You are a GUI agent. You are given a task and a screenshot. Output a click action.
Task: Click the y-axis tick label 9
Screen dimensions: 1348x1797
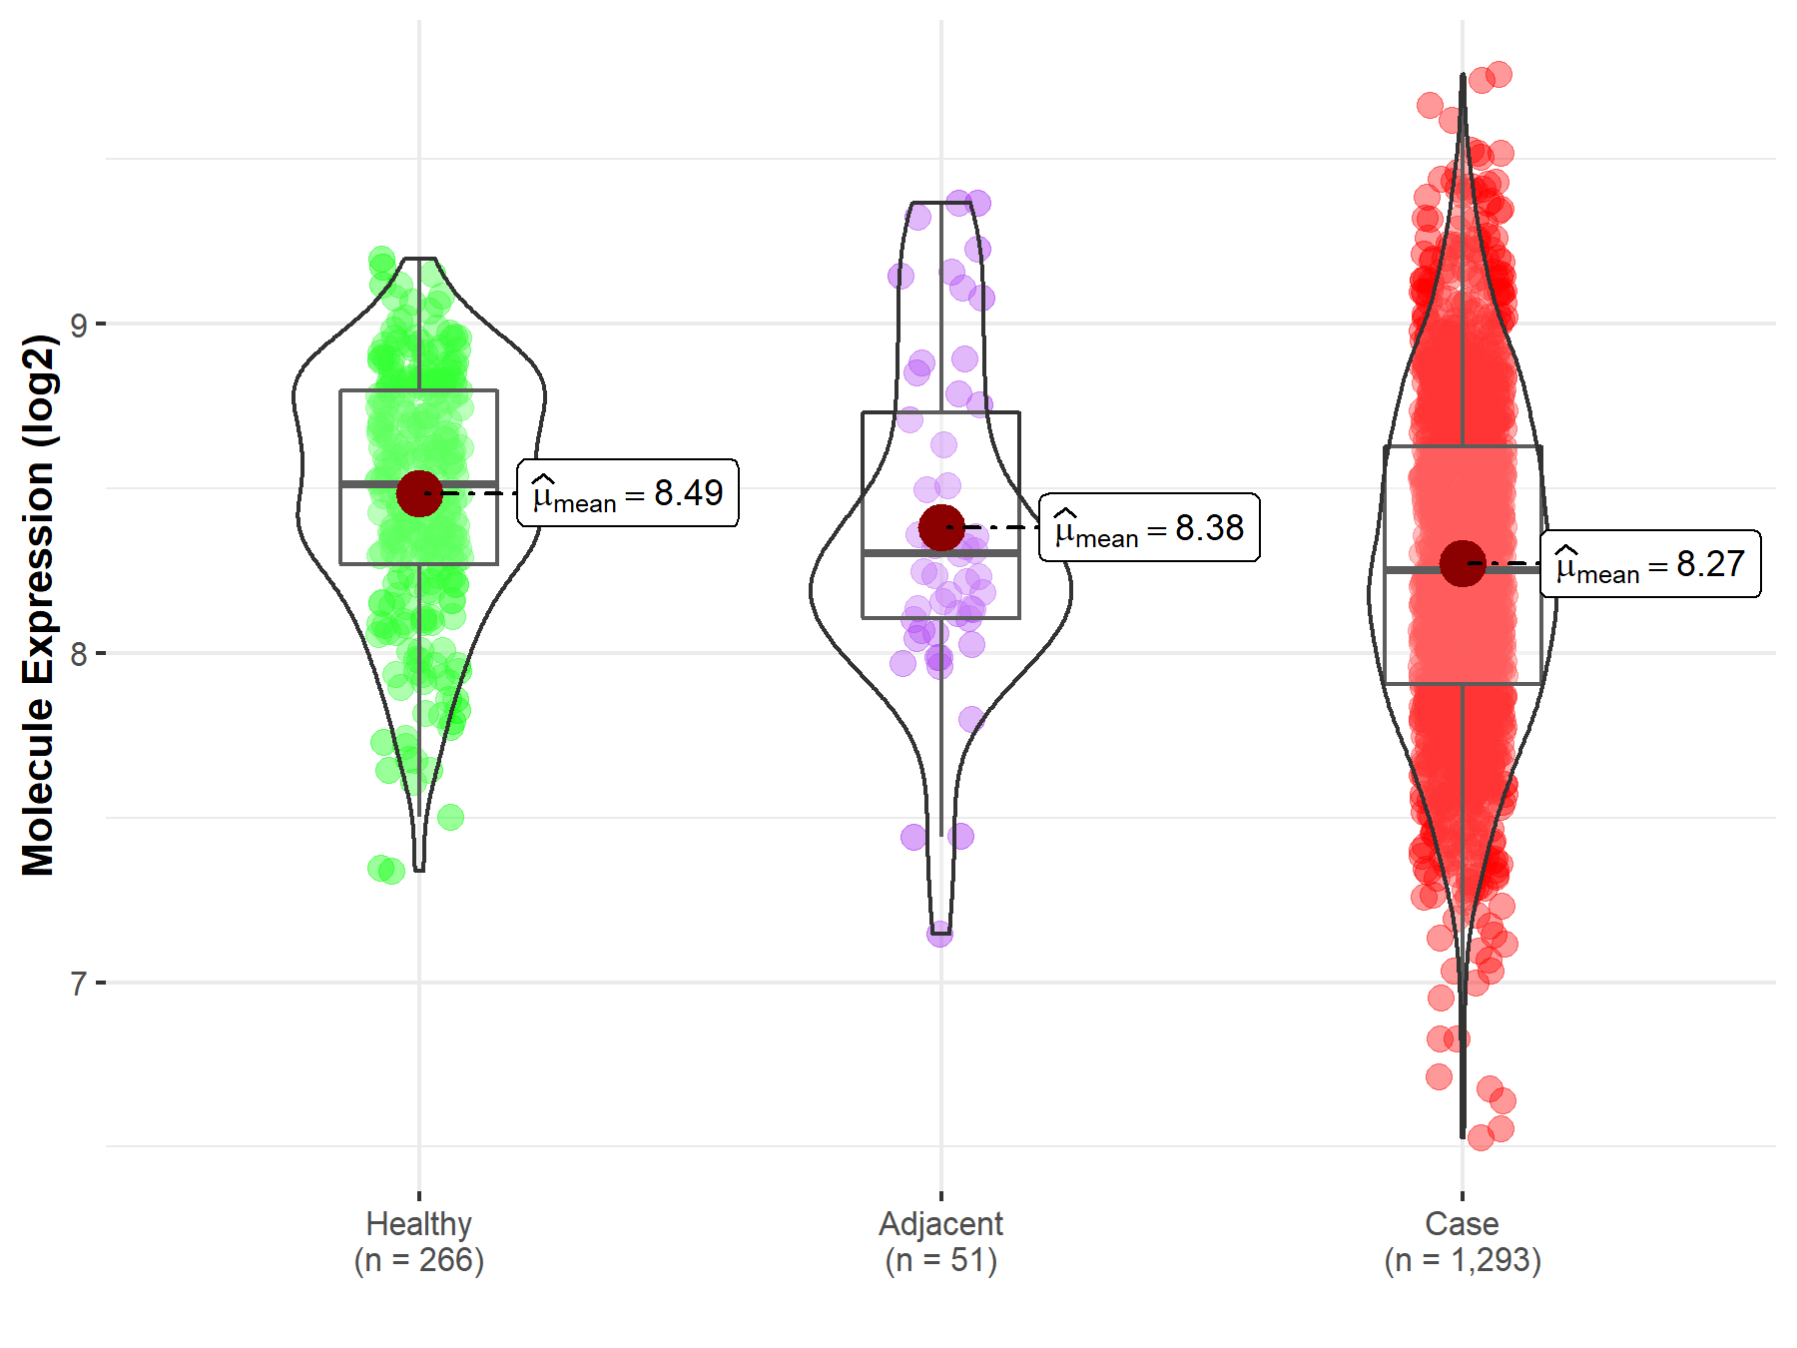point(79,325)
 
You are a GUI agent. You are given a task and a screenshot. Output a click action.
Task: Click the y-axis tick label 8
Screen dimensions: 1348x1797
point(79,654)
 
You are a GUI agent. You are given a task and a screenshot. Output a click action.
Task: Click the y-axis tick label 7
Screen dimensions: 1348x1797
point(79,984)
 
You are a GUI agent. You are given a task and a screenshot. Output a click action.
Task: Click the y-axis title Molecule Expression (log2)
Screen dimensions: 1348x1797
point(38,605)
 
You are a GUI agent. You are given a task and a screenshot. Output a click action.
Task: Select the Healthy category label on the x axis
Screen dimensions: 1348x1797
point(418,1223)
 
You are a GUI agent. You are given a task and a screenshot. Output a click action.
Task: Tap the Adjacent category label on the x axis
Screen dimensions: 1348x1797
point(940,1223)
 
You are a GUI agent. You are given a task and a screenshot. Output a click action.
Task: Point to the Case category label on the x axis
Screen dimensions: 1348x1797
point(1462,1223)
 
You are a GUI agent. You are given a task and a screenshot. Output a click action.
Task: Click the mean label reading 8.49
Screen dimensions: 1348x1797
point(628,493)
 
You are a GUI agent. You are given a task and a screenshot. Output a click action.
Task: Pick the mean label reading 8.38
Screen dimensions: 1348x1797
point(1149,528)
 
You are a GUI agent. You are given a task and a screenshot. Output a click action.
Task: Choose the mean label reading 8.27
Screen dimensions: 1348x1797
point(1650,564)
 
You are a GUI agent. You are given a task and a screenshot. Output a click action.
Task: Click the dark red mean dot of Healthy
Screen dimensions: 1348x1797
point(419,493)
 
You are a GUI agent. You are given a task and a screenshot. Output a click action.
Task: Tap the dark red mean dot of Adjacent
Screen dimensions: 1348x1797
point(941,527)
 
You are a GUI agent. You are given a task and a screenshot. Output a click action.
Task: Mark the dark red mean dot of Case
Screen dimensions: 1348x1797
point(1463,563)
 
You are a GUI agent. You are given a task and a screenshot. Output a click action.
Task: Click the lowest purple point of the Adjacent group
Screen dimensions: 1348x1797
point(939,935)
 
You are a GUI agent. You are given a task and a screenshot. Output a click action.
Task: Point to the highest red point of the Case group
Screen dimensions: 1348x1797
point(1498,75)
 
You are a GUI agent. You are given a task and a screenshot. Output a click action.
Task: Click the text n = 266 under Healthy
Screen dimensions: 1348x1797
point(418,1260)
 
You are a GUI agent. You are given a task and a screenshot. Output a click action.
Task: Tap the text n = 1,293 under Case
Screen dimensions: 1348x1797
point(1462,1260)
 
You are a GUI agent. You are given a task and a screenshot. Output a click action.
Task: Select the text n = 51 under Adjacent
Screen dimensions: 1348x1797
point(940,1260)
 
